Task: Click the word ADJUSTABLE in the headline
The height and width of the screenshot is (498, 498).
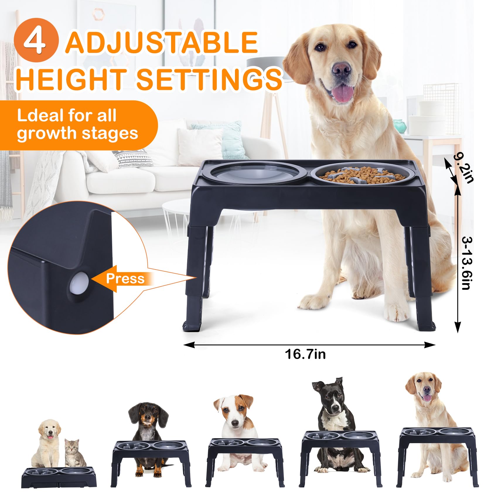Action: point(161,43)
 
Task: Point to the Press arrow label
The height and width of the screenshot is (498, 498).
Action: point(125,279)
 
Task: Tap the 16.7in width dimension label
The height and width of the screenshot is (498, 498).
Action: point(305,354)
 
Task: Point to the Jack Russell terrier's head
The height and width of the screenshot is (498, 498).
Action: point(234,411)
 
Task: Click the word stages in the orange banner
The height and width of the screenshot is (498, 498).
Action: point(110,134)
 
